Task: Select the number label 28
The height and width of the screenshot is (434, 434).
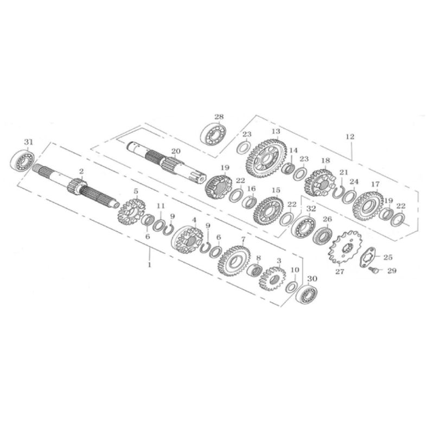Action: [219, 117]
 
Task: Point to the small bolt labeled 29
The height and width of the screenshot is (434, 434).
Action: [373, 270]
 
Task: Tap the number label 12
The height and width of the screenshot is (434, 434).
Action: [349, 137]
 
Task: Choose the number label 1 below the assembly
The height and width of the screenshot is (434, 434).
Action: [150, 265]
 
